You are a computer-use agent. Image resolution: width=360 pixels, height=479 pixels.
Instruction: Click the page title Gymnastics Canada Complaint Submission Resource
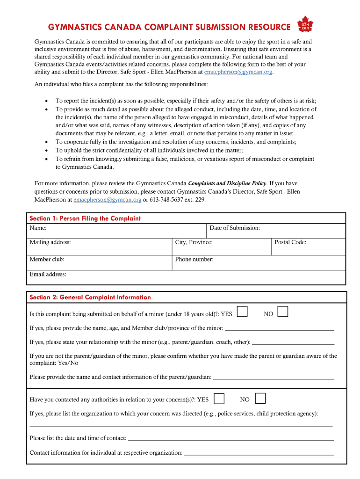pos(169,27)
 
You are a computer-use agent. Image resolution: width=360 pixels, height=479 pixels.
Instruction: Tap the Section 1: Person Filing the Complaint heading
pos(85,218)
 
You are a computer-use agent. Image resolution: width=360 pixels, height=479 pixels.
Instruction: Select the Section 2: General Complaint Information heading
pos(90,297)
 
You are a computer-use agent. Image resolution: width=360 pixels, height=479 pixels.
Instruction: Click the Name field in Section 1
pos(117,231)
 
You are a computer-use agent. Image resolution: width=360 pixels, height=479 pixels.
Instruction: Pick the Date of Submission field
pos(276,231)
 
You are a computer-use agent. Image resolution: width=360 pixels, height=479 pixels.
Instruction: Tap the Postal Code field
pos(308,247)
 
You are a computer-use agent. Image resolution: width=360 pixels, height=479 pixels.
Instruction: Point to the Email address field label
pos(48,275)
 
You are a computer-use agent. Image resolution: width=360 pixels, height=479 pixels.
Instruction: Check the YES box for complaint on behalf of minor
pos(242,312)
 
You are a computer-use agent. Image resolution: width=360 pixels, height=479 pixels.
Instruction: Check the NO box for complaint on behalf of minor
pos(282,312)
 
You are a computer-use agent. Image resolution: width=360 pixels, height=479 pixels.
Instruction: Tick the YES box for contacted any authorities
pos(219,399)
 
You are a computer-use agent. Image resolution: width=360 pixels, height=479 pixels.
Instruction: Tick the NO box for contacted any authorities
pos(260,399)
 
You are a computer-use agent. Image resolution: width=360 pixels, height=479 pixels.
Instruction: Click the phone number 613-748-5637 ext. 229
pos(177,200)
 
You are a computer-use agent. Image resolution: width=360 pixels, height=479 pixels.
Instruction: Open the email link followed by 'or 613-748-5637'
pos(108,200)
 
